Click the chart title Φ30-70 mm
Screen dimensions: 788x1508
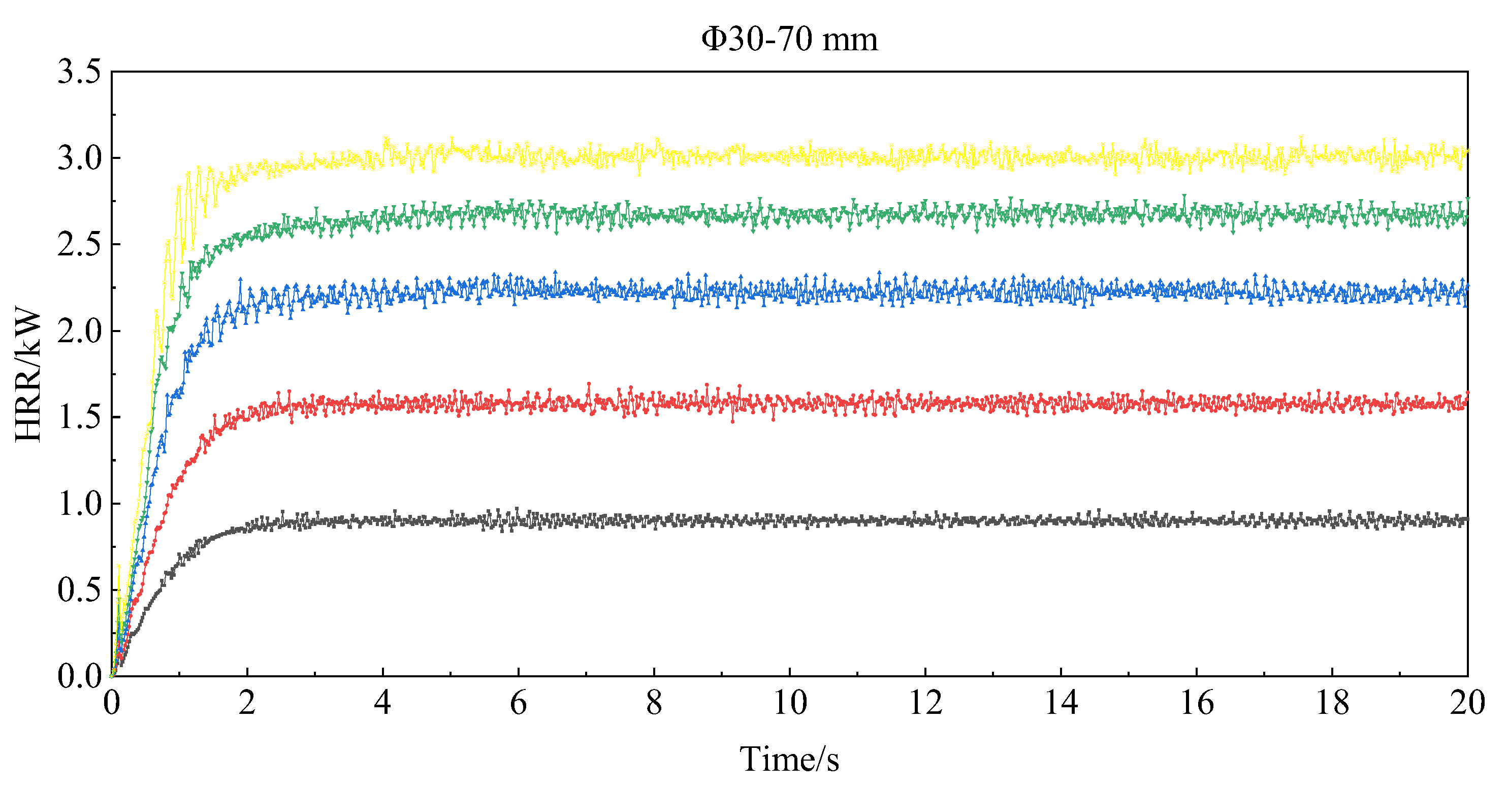click(789, 40)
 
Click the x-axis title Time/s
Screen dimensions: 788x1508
click(789, 760)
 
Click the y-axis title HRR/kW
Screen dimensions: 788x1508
click(28, 374)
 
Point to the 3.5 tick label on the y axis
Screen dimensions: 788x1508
click(80, 72)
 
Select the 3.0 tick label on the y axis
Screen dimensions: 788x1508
click(80, 158)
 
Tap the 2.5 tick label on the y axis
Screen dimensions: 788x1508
click(80, 245)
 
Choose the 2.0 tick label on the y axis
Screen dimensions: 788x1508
click(80, 331)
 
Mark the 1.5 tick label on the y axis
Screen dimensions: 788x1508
click(80, 417)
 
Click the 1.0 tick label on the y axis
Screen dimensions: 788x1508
click(80, 504)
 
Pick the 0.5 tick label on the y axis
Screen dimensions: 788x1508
click(80, 589)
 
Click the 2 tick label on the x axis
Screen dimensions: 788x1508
click(247, 703)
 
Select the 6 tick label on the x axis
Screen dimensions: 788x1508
click(518, 703)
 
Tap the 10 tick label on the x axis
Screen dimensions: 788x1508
click(790, 703)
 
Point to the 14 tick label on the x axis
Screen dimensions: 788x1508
click(1061, 703)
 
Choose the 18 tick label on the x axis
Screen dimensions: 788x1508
click(1332, 703)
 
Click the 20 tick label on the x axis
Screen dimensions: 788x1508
click(1467, 703)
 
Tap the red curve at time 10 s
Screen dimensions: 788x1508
click(790, 403)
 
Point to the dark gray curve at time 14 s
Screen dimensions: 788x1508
click(1061, 520)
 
